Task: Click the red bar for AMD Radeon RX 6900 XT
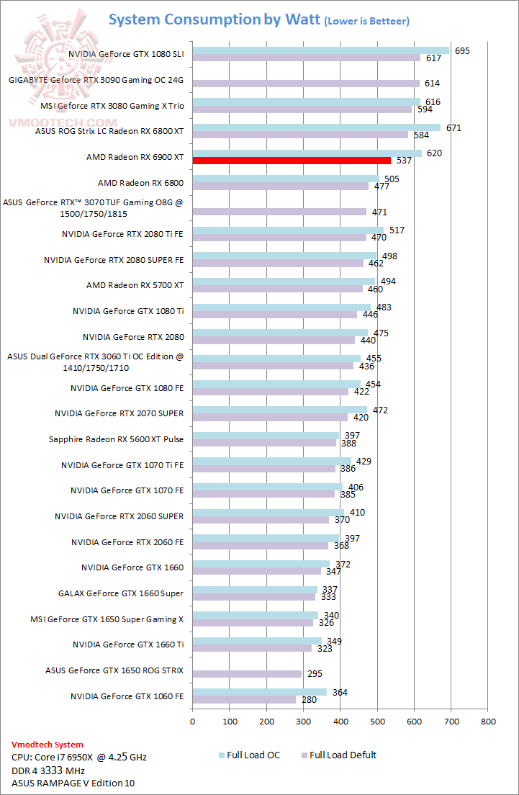tap(291, 161)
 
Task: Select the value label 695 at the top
tap(463, 50)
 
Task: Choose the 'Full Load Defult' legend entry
tap(338, 755)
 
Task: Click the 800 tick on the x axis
tap(488, 720)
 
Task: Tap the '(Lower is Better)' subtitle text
tap(367, 22)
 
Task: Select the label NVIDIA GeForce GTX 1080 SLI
tap(126, 54)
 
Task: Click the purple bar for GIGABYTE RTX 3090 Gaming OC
tap(305, 84)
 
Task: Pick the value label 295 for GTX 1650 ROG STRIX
tap(315, 674)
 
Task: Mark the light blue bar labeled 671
tap(316, 127)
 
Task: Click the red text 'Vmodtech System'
tap(48, 745)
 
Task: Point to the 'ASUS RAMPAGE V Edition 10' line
tap(73, 783)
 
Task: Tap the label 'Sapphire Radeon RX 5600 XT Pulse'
tap(116, 439)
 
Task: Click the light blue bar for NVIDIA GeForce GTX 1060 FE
tap(259, 692)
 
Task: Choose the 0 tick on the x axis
tap(192, 720)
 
